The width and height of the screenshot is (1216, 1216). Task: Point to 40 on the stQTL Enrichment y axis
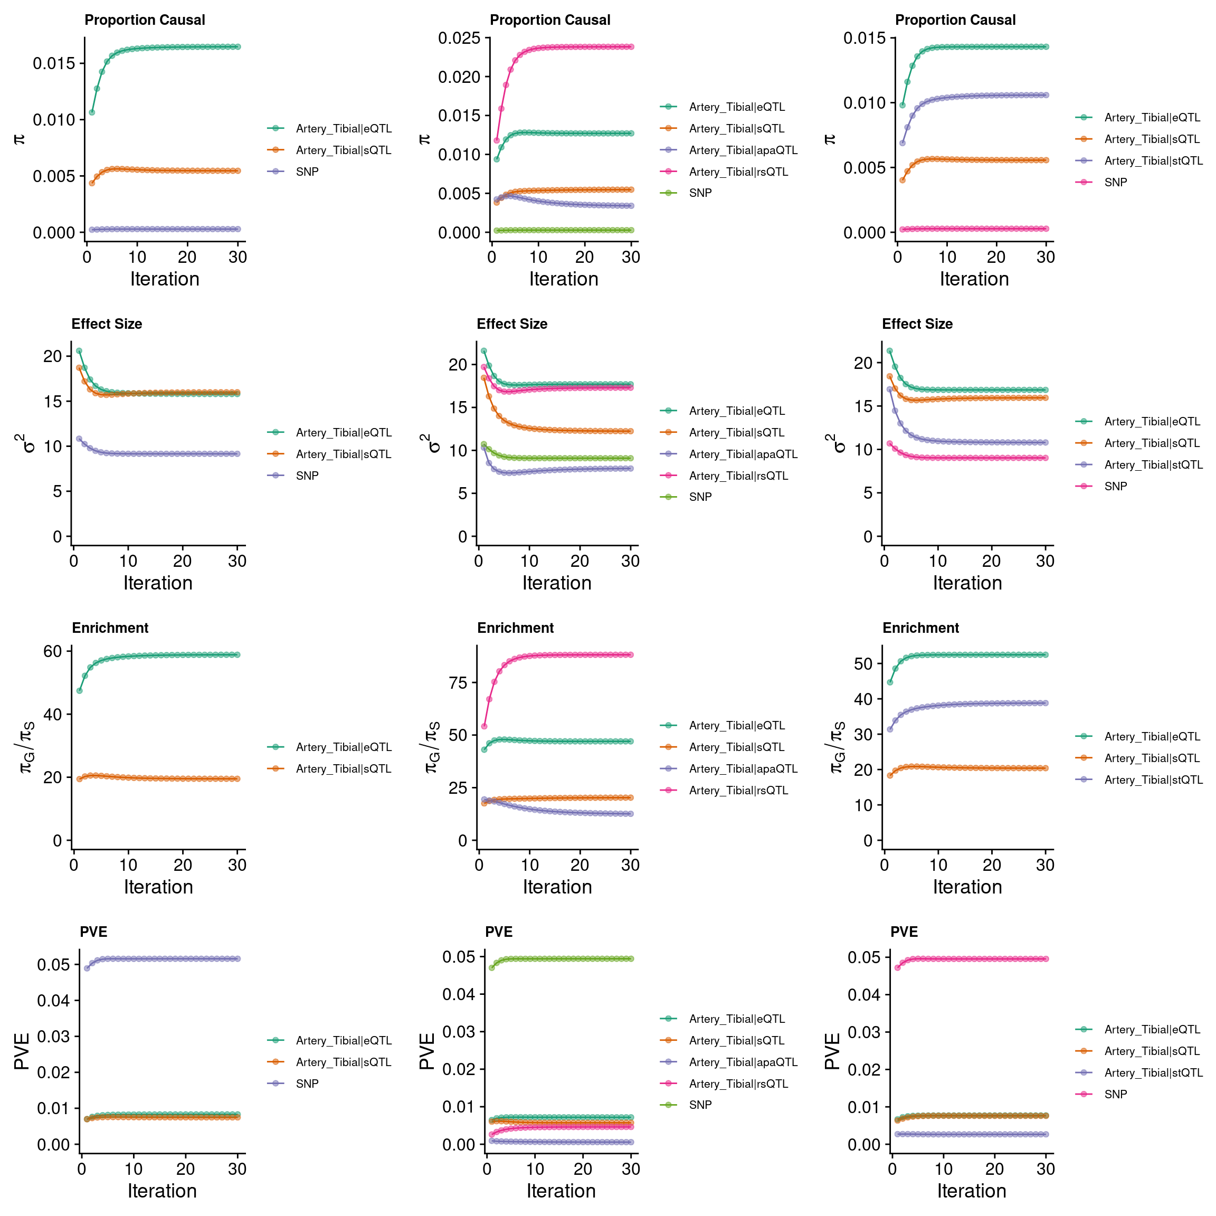[x=863, y=699]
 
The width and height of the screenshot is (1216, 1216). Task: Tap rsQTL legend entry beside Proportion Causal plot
[x=738, y=172]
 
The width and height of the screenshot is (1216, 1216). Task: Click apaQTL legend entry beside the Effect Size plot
[x=743, y=454]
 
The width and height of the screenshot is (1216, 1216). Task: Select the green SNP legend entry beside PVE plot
[x=700, y=1105]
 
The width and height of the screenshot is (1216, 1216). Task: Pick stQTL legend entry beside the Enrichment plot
[x=1153, y=780]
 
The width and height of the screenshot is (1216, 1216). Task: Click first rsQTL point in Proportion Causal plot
[x=497, y=140]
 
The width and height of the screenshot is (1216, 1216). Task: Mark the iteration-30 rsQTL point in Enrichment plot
[x=631, y=654]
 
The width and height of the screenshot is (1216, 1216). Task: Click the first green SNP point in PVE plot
[x=491, y=967]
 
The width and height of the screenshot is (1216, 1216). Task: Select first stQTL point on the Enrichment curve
[x=889, y=729]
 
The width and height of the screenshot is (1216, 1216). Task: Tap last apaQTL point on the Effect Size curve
[x=631, y=468]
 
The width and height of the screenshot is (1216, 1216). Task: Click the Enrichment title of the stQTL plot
[x=920, y=628]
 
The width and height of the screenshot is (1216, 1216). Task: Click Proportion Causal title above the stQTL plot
[x=955, y=20]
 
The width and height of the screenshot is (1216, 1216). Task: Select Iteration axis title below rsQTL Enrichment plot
[x=557, y=887]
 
